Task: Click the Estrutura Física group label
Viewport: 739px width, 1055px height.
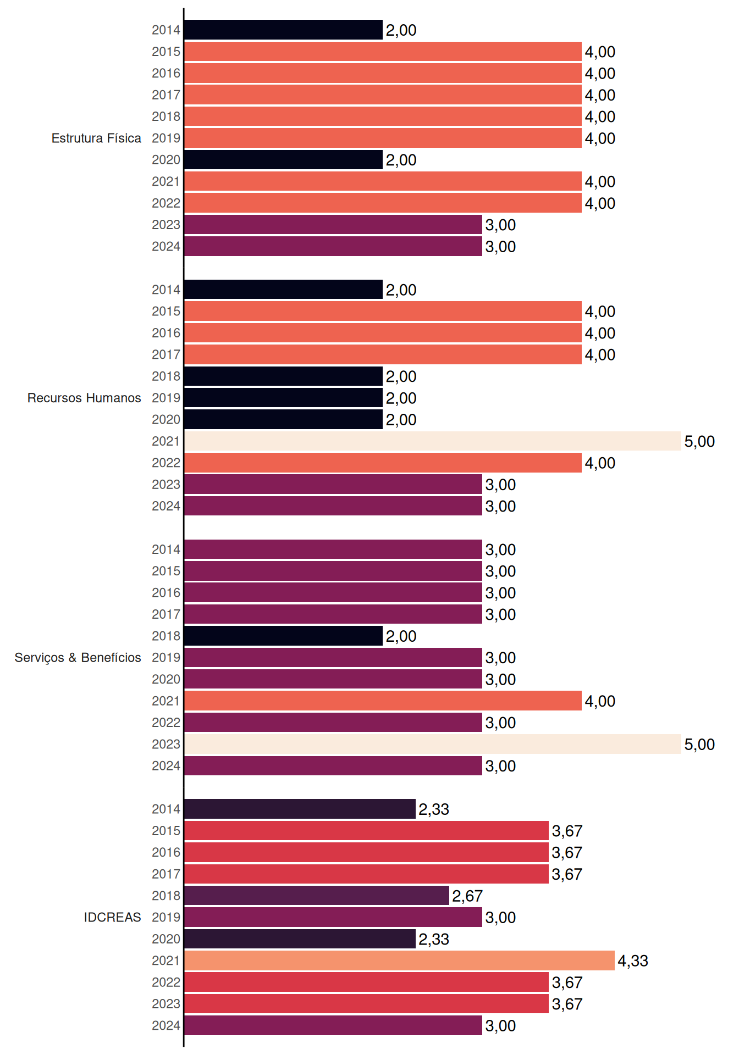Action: [x=96, y=138]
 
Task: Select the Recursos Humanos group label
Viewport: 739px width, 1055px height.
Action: [x=84, y=398]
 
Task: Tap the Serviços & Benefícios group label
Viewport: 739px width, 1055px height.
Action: [x=78, y=658]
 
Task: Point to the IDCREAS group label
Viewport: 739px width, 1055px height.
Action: [x=112, y=917]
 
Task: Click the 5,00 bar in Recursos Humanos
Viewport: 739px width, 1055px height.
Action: [x=433, y=441]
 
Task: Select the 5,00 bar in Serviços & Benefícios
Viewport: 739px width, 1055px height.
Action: [x=433, y=744]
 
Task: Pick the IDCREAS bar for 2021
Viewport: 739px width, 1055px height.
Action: [x=400, y=960]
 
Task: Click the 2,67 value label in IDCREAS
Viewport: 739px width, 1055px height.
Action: [x=467, y=896]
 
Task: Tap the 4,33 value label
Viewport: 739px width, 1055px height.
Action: [x=633, y=961]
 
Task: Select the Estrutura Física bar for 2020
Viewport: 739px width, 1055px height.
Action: [x=284, y=160]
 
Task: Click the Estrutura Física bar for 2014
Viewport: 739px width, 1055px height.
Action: [x=284, y=30]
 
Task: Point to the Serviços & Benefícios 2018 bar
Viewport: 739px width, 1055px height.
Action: [x=284, y=636]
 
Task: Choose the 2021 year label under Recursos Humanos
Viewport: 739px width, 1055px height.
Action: [x=166, y=441]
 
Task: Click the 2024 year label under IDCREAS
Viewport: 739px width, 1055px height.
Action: [x=166, y=1026]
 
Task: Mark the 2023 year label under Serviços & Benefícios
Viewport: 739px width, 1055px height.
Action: [x=166, y=745]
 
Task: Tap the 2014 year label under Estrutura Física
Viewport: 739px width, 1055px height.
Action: [x=166, y=30]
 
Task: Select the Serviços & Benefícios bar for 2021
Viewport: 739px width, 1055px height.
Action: [x=383, y=701]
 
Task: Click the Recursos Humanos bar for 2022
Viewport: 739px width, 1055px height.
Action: [x=383, y=463]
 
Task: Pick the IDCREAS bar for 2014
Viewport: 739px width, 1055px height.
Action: [x=300, y=809]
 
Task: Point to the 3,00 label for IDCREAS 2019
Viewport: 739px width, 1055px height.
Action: [x=500, y=918]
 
